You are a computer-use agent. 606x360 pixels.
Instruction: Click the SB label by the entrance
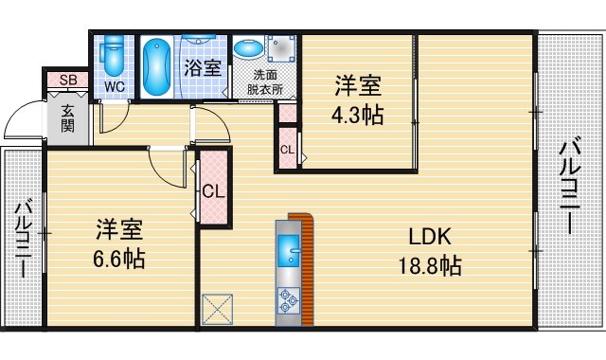coord(67,81)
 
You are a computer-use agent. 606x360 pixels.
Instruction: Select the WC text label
coord(114,87)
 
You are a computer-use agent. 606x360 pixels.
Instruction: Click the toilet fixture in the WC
coord(114,57)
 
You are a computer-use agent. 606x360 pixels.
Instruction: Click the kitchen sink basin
coord(288,254)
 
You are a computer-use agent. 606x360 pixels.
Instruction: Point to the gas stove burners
coord(288,302)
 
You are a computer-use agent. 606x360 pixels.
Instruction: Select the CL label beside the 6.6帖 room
coord(213,190)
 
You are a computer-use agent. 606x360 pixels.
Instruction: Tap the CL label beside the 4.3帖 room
coord(286,148)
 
